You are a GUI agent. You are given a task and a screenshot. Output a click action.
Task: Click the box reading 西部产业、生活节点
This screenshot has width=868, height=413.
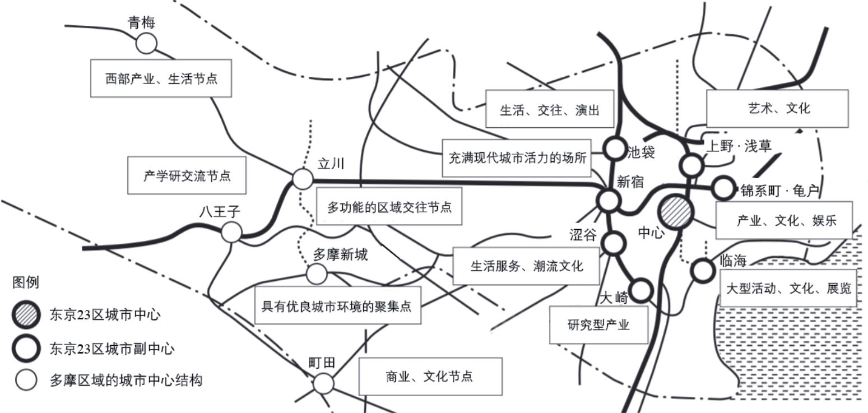(x=161, y=78)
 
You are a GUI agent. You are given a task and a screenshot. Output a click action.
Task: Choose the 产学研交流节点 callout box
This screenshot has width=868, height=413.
(x=187, y=175)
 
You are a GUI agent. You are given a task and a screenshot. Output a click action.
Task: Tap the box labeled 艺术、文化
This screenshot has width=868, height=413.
(x=777, y=109)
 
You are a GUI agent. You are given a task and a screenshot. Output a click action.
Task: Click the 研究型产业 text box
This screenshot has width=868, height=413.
(x=598, y=324)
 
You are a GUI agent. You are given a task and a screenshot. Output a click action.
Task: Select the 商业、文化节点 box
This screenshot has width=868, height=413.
(x=430, y=376)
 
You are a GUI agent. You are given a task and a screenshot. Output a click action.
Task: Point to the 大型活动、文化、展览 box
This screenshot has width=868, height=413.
(x=788, y=288)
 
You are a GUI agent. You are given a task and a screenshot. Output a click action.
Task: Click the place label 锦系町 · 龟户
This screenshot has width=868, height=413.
(x=779, y=191)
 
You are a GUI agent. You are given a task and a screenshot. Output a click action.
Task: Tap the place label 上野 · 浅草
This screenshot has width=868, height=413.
(x=739, y=146)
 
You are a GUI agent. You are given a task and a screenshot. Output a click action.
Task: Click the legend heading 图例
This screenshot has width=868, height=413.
(x=26, y=282)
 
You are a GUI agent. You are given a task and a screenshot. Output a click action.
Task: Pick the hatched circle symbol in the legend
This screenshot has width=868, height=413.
(x=26, y=314)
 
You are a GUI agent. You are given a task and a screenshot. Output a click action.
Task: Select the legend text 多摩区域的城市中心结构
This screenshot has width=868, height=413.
(x=126, y=380)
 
